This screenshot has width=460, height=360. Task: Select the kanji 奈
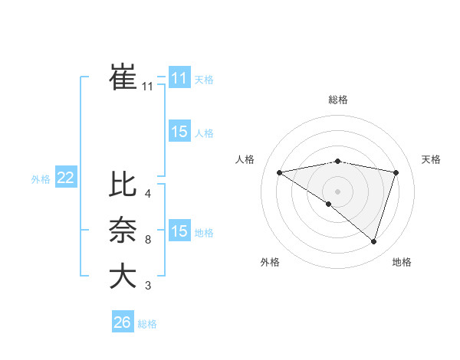123,230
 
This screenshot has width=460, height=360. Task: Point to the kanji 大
123,276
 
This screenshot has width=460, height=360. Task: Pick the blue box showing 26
122,322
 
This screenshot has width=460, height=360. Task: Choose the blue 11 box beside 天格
179,78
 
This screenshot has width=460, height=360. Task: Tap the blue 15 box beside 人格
179,132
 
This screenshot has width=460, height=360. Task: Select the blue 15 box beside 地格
179,231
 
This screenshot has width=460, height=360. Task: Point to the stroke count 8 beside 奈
148,240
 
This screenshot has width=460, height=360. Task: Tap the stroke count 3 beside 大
148,286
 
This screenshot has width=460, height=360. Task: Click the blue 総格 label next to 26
147,324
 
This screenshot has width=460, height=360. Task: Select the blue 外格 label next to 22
41,179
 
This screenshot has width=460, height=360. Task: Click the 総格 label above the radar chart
338,100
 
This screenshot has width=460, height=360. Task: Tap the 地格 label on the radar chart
402,262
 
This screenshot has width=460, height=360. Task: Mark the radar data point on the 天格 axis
396,172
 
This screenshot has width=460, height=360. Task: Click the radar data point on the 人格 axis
279,172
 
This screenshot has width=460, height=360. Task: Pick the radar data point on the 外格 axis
329,204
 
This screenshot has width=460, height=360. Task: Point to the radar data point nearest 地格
373,241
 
